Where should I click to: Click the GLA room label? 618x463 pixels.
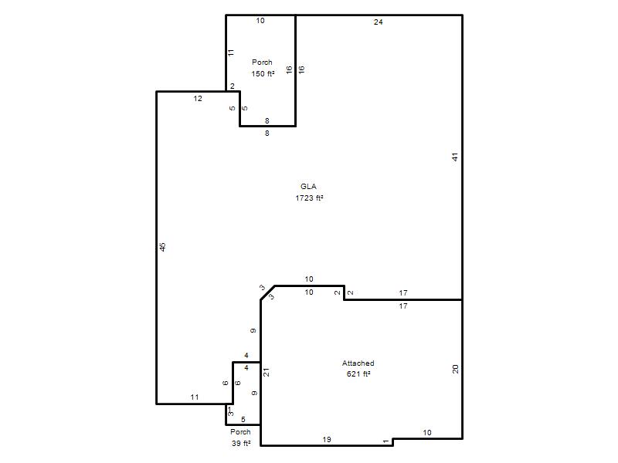pyautogui.click(x=308, y=187)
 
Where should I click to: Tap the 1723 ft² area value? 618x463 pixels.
pyautogui.click(x=309, y=198)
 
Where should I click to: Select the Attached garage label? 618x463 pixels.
pyautogui.click(x=358, y=363)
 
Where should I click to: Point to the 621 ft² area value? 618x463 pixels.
pyautogui.click(x=358, y=374)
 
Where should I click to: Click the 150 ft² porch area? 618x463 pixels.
pyautogui.click(x=263, y=73)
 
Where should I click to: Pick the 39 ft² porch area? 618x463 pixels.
pyautogui.click(x=241, y=443)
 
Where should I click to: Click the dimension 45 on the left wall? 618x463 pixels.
pyautogui.click(x=162, y=247)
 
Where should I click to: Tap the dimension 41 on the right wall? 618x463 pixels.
pyautogui.click(x=455, y=157)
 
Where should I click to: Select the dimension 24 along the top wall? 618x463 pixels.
pyautogui.click(x=378, y=22)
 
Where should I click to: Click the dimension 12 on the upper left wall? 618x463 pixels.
pyautogui.click(x=198, y=99)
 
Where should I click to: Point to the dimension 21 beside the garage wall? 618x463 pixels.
pyautogui.click(x=267, y=372)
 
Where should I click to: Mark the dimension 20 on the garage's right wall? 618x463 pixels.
pyautogui.click(x=455, y=370)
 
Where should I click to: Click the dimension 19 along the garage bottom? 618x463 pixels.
pyautogui.click(x=327, y=439)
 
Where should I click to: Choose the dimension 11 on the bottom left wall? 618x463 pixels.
pyautogui.click(x=195, y=397)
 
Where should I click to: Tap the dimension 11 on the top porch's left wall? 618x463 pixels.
pyautogui.click(x=231, y=52)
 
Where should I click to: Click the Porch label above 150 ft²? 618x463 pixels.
pyautogui.click(x=262, y=63)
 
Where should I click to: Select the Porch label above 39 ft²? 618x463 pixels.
pyautogui.click(x=240, y=432)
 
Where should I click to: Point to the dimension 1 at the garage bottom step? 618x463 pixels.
pyautogui.click(x=385, y=441)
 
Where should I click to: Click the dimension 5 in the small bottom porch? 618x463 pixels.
pyautogui.click(x=243, y=420)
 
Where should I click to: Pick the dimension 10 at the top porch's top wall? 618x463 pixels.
pyautogui.click(x=260, y=21)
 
